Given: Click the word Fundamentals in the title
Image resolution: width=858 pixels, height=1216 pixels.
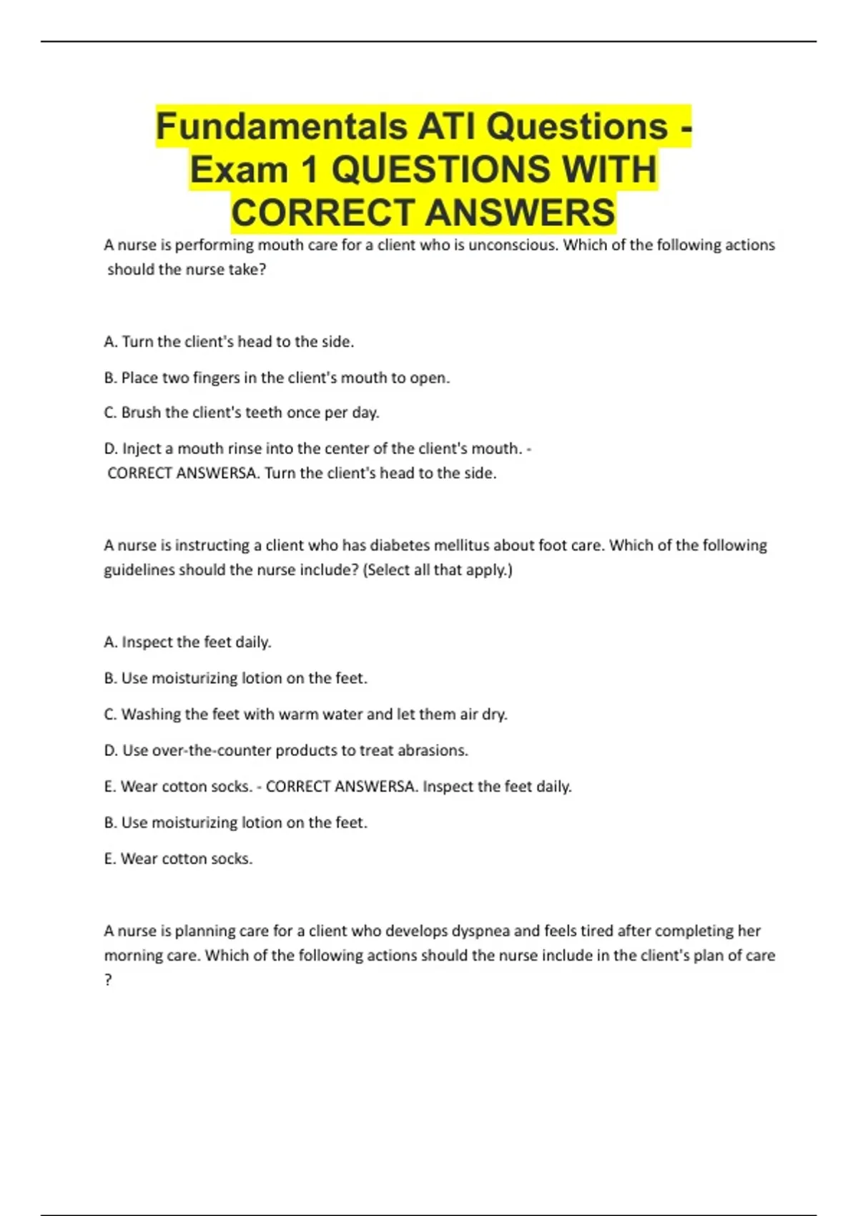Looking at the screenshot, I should click(281, 127).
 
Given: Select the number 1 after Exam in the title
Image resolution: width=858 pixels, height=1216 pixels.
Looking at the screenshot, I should click(309, 170).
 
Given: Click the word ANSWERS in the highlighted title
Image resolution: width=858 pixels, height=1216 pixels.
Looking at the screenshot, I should click(520, 213).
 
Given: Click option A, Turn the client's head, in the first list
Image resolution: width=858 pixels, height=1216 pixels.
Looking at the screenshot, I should click(229, 342).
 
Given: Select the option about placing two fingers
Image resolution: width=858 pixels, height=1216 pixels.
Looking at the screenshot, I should click(277, 378).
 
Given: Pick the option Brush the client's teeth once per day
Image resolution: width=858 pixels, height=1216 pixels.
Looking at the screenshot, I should click(242, 413).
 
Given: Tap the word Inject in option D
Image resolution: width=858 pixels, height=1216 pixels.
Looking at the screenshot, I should click(142, 448).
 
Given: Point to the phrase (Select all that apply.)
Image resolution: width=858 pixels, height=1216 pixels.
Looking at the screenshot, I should click(438, 570).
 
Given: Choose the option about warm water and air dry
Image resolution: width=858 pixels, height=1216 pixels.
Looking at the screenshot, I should click(305, 714).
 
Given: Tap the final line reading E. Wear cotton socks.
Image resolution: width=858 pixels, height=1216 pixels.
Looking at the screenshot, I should click(178, 858).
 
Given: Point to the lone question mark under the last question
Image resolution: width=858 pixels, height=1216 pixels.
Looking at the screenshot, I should click(108, 980).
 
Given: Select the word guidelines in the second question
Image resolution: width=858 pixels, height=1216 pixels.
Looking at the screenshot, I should click(139, 570).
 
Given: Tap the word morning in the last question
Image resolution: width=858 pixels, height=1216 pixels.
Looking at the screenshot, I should click(132, 956).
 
